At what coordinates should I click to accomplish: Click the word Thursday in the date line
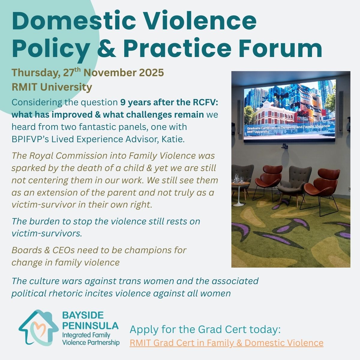(35, 73)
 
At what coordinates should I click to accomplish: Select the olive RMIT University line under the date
(52, 87)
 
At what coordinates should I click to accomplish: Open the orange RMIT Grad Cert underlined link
(226, 343)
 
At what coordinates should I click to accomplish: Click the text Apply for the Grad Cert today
(205, 329)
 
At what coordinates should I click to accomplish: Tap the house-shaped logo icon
(38, 328)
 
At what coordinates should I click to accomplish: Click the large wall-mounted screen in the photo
(289, 110)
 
